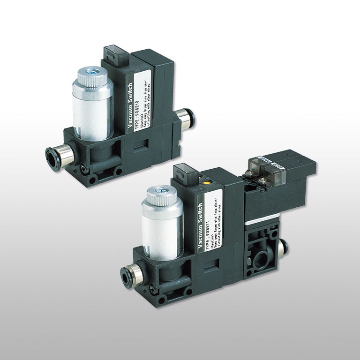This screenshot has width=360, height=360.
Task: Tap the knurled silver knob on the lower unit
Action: [x=161, y=194]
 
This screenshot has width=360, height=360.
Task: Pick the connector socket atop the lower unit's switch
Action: [x=182, y=172]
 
